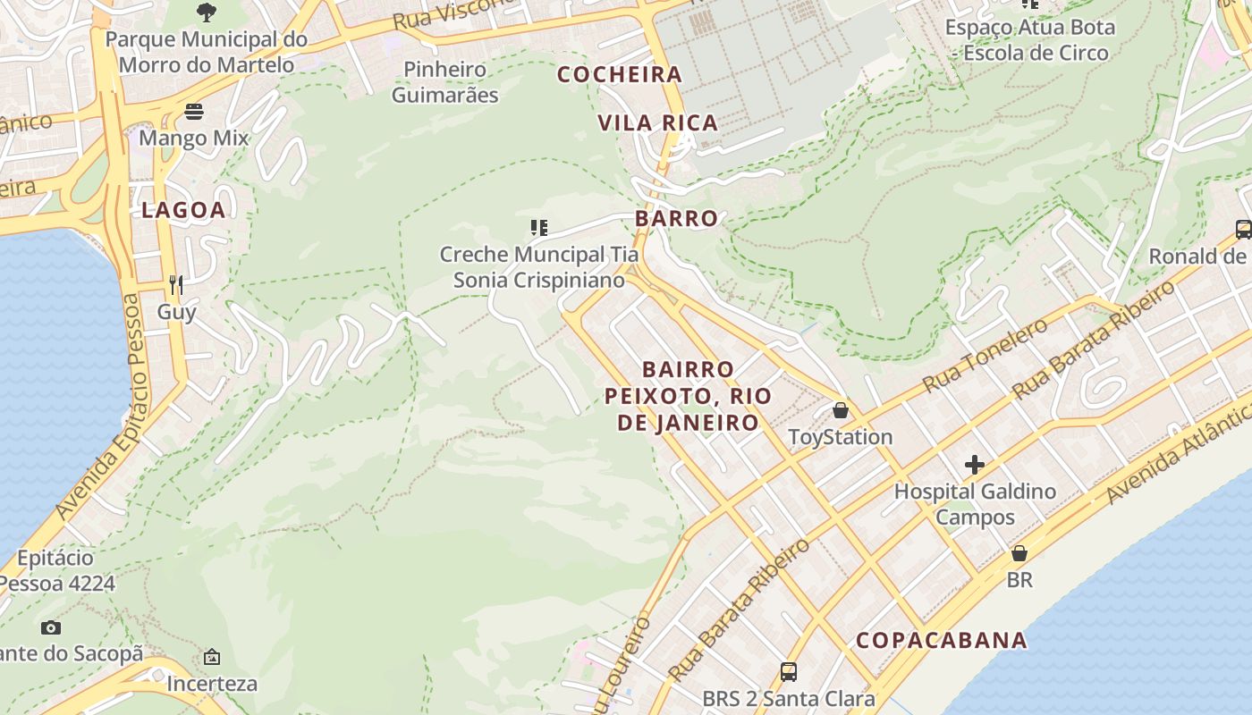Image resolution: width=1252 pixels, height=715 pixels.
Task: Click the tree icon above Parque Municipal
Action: (x=206, y=13)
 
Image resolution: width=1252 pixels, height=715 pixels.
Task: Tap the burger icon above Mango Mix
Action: (x=194, y=112)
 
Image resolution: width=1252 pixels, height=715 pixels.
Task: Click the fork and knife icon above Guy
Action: (x=176, y=285)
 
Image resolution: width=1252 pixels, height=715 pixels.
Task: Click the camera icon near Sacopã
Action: (x=51, y=627)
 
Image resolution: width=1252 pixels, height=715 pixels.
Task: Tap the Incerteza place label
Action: (x=212, y=684)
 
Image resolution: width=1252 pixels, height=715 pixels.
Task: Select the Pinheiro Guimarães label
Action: (x=444, y=81)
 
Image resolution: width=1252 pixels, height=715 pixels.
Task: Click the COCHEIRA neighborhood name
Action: (x=620, y=75)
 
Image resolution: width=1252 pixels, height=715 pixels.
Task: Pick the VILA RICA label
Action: (x=657, y=123)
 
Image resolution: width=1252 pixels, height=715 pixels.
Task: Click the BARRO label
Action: (x=676, y=218)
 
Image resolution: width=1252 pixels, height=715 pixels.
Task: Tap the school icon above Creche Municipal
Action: (x=538, y=228)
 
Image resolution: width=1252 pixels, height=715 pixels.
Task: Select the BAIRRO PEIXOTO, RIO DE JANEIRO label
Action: (x=688, y=396)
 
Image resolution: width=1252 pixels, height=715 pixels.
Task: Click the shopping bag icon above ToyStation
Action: (x=840, y=410)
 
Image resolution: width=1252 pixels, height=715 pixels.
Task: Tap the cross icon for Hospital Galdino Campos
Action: (x=975, y=465)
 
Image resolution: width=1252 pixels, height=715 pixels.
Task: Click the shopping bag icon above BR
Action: (x=1019, y=553)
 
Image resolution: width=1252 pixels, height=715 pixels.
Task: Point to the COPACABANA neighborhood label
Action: (x=942, y=640)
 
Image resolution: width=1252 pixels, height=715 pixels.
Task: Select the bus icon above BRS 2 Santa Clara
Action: (x=788, y=671)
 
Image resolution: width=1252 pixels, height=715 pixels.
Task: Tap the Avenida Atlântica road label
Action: (x=1179, y=453)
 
